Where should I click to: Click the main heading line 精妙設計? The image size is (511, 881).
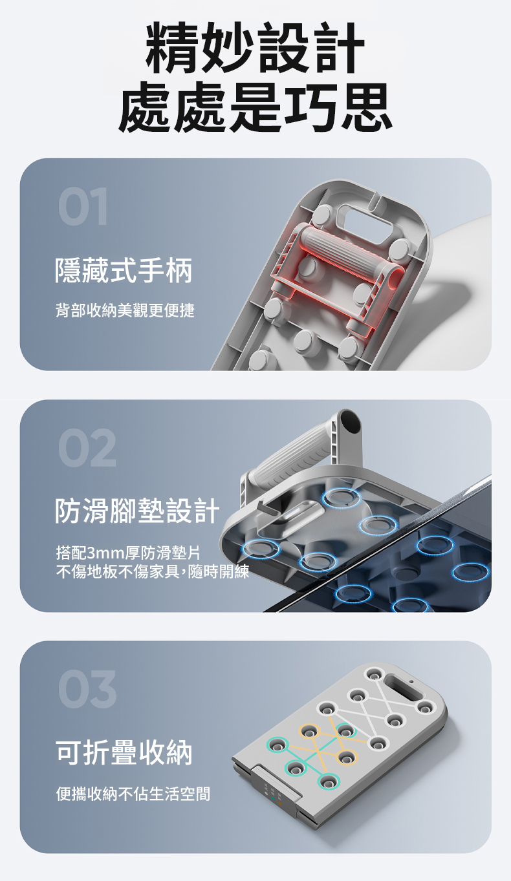pos(255,48)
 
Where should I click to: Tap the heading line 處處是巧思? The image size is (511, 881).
pos(255,107)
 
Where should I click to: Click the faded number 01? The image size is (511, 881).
pos(83,206)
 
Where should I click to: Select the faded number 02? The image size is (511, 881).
pos(87,448)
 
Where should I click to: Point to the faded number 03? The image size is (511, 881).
pos(87,690)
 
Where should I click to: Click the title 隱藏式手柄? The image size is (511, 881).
pos(124,270)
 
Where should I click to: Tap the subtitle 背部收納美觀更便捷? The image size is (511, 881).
pos(125,310)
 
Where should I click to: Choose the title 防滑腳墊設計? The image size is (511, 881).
pos(137,511)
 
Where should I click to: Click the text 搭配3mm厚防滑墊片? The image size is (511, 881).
pos(128,553)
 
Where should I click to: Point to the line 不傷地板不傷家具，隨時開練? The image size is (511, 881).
pos(153,571)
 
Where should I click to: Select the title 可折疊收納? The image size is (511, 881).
pos(124,752)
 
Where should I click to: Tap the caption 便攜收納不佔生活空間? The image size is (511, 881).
pos(133,793)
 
